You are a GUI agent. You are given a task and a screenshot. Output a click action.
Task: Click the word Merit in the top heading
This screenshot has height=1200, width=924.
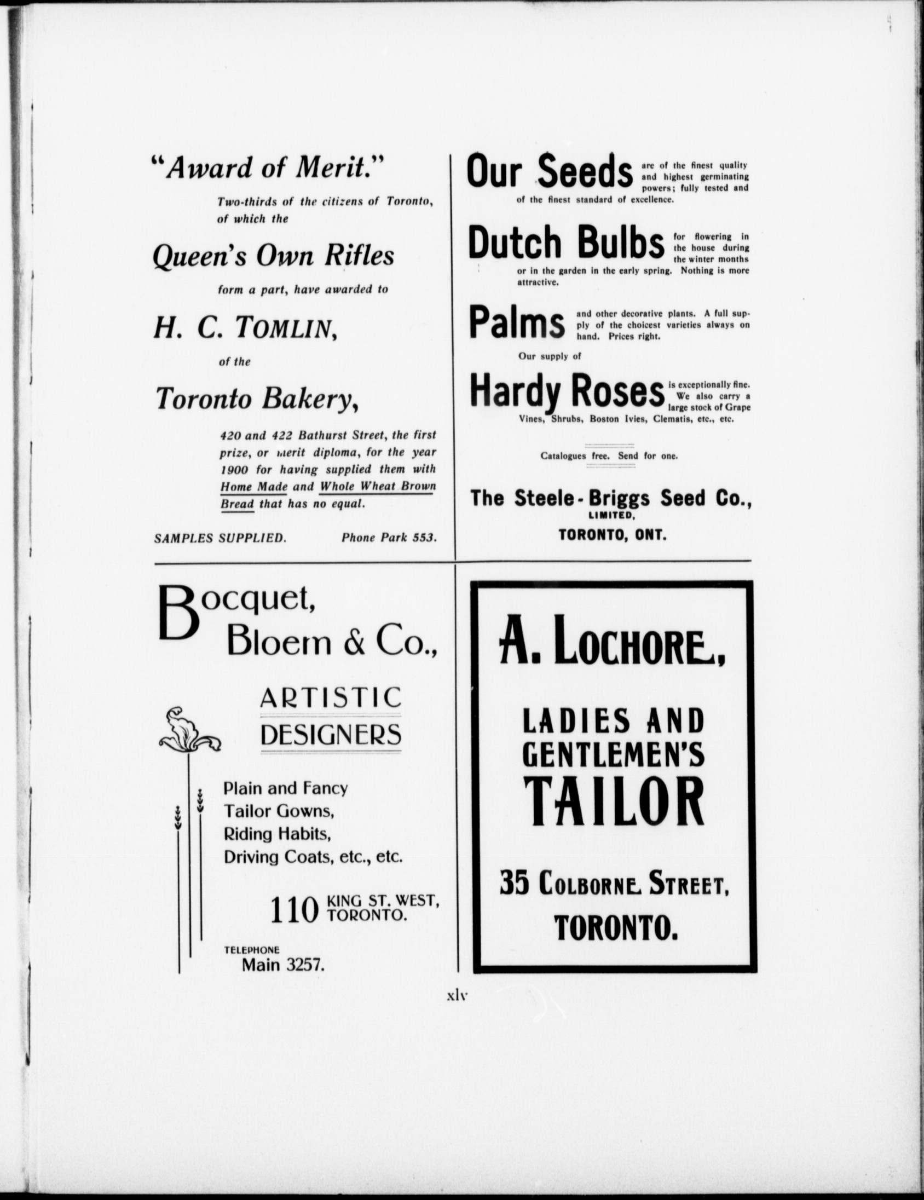coord(331,168)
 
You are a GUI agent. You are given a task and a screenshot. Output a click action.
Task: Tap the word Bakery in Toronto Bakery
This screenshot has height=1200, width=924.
coord(310,399)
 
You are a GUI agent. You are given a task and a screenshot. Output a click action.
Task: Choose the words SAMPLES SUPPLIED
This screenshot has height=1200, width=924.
coord(220,538)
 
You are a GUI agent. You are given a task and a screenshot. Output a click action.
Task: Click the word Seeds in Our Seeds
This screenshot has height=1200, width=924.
coord(585,172)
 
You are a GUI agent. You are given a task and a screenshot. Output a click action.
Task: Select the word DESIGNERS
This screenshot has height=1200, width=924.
coord(331,735)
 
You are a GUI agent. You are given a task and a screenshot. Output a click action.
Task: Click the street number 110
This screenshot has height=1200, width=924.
coord(294,911)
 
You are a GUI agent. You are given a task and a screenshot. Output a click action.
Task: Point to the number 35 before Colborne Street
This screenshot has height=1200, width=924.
coord(514,884)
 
